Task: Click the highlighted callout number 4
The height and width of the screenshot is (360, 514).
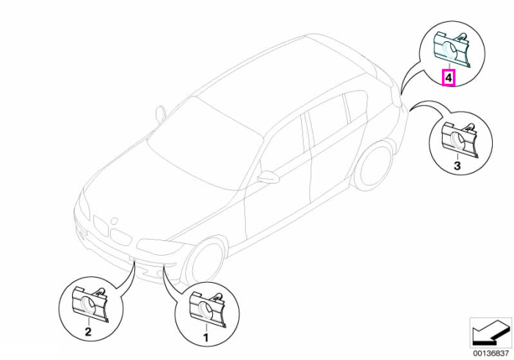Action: [449, 78]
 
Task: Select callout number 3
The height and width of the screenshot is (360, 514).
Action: [457, 165]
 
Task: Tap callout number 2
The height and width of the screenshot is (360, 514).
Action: [88, 331]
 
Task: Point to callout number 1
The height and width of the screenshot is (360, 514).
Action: [206, 337]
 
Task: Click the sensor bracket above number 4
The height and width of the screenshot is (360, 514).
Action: [452, 50]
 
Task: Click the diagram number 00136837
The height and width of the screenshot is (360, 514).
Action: [491, 354]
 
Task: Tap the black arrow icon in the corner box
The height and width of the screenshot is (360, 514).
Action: [491, 335]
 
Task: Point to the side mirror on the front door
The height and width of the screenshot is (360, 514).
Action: [268, 176]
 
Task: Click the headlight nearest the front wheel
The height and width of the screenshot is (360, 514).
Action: [161, 245]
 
